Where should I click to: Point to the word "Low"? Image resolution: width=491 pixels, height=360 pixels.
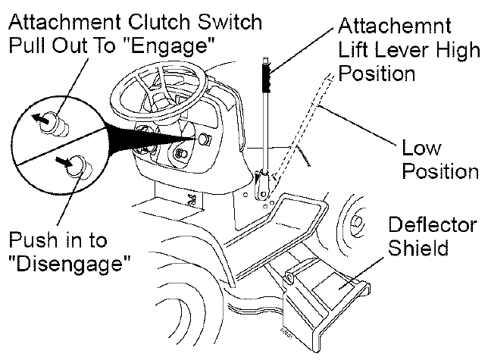click(x=421, y=149)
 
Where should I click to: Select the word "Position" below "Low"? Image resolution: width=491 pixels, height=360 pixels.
click(x=439, y=171)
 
